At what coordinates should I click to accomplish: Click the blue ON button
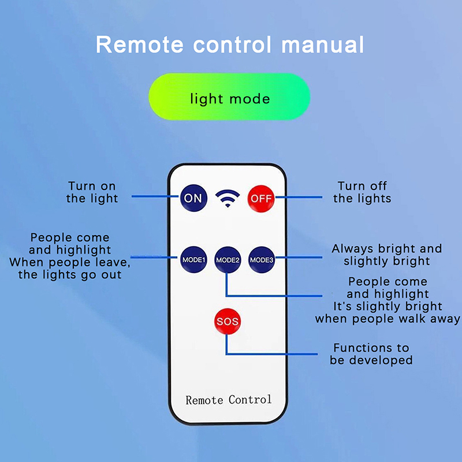(x=193, y=198)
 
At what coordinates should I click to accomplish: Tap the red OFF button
(x=260, y=198)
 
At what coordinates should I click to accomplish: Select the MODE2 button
(x=228, y=259)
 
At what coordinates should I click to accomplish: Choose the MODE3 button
(x=262, y=259)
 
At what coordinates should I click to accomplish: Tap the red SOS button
(x=227, y=321)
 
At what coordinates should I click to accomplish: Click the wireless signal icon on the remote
(x=227, y=199)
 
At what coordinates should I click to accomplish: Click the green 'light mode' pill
(x=229, y=98)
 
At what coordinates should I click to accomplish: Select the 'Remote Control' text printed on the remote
(x=228, y=399)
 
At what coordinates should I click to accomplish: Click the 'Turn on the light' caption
(x=92, y=192)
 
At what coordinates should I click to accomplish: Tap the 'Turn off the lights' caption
(x=362, y=192)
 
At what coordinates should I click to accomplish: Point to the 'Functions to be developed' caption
(x=371, y=354)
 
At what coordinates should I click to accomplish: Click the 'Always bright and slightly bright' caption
(x=386, y=255)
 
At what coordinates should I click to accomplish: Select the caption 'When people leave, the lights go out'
(x=70, y=269)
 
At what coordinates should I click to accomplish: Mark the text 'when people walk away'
(x=388, y=319)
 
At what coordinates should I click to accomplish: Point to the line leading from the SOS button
(x=271, y=353)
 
